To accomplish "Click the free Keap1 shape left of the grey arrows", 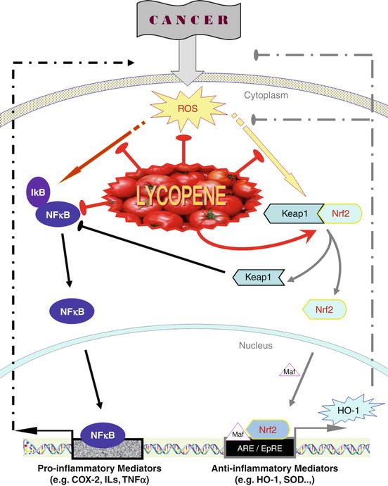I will click(x=257, y=279).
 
